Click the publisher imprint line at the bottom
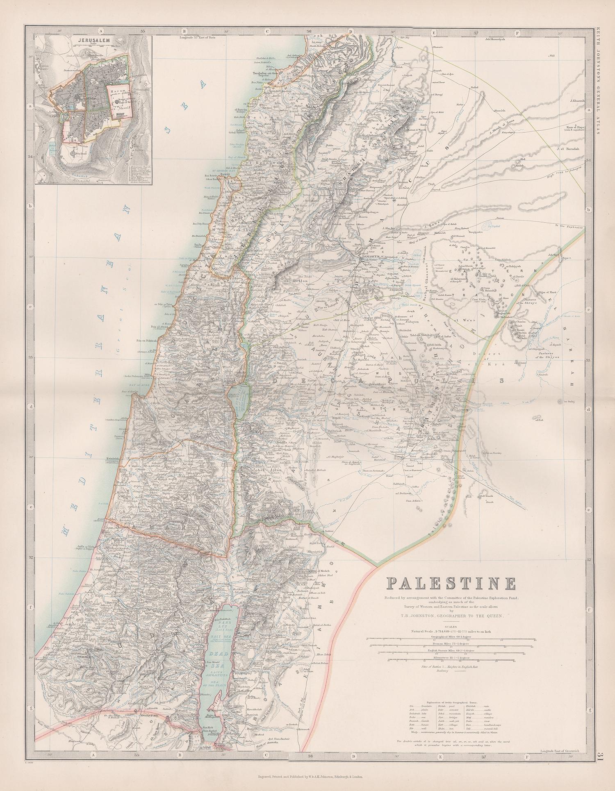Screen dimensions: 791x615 point(307,776)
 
